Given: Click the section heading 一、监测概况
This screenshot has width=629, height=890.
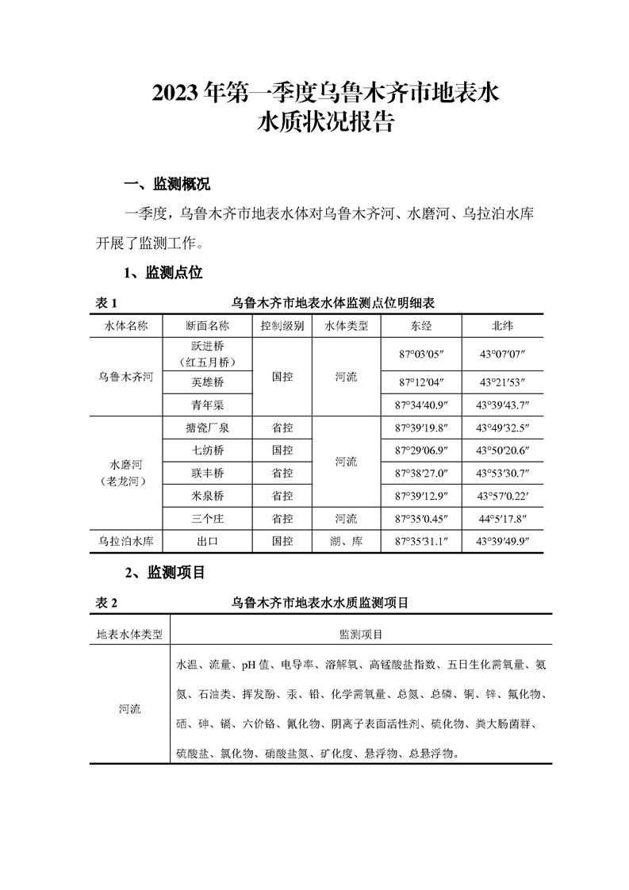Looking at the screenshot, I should [167, 185].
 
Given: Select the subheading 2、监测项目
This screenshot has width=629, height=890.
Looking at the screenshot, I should [166, 572].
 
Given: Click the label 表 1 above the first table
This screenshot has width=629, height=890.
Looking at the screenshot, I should [106, 303].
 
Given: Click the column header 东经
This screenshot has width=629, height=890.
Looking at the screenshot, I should [421, 326].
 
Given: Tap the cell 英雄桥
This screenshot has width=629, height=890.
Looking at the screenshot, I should [207, 382].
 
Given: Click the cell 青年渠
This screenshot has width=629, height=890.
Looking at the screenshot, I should [207, 405].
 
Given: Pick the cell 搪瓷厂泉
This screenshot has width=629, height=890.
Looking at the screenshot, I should [207, 428].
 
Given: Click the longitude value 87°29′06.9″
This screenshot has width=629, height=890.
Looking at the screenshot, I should [421, 451].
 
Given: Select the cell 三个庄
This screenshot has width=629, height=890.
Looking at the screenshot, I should [207, 519].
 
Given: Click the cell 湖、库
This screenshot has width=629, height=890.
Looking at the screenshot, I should [346, 542].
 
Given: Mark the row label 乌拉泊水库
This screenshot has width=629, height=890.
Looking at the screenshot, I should [126, 542].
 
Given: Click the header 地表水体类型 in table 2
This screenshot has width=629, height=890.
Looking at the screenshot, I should [129, 635].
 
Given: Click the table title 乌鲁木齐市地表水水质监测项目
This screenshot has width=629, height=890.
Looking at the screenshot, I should [320, 603].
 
